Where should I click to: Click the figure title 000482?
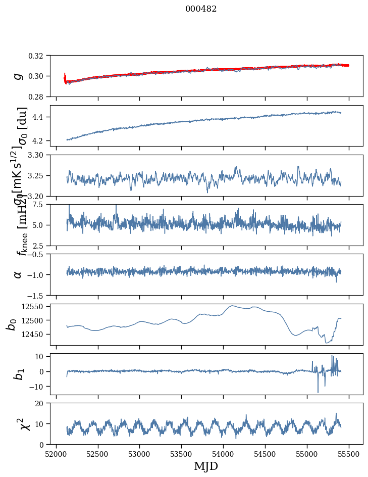point(201,9)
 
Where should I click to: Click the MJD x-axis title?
point(206,466)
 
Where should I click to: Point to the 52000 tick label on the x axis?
point(56,453)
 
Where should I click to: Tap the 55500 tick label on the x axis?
point(349,453)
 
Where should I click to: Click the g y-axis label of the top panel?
point(18,76)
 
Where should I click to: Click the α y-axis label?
point(18,274)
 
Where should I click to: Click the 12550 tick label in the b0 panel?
point(34,306)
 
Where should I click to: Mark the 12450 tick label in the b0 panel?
point(34,334)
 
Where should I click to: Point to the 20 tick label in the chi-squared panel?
point(42,404)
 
